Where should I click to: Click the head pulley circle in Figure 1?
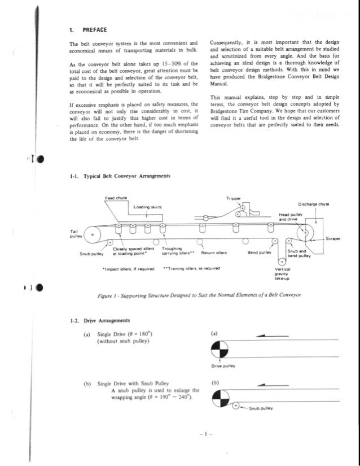305,232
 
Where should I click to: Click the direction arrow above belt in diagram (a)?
266,336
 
